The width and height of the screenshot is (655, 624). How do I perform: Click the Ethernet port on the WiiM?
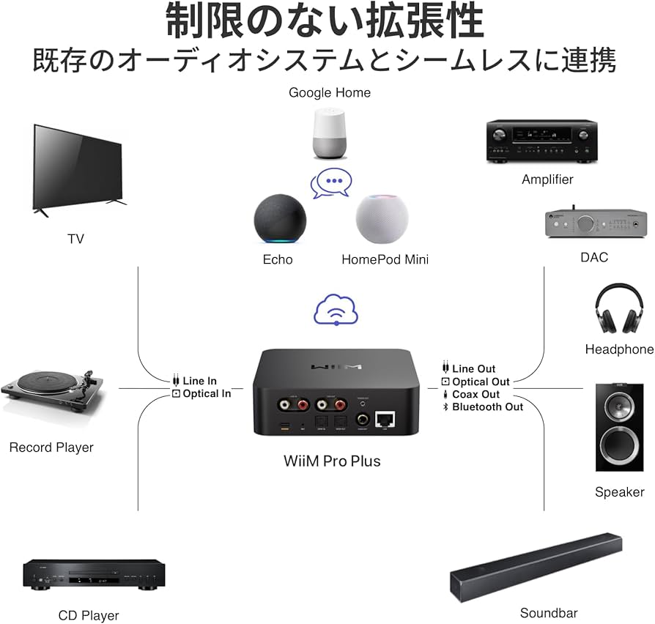tap(385, 420)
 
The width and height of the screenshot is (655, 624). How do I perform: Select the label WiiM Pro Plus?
tap(332, 461)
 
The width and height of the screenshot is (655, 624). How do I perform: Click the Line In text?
tap(199, 381)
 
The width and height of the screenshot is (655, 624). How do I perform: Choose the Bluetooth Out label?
tap(487, 406)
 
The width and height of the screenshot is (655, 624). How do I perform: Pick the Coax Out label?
tap(475, 394)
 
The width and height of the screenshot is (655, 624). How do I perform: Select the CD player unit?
tap(94, 573)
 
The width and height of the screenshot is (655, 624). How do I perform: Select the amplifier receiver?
tap(541, 141)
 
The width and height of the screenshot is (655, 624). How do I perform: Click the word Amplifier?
tap(547, 179)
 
